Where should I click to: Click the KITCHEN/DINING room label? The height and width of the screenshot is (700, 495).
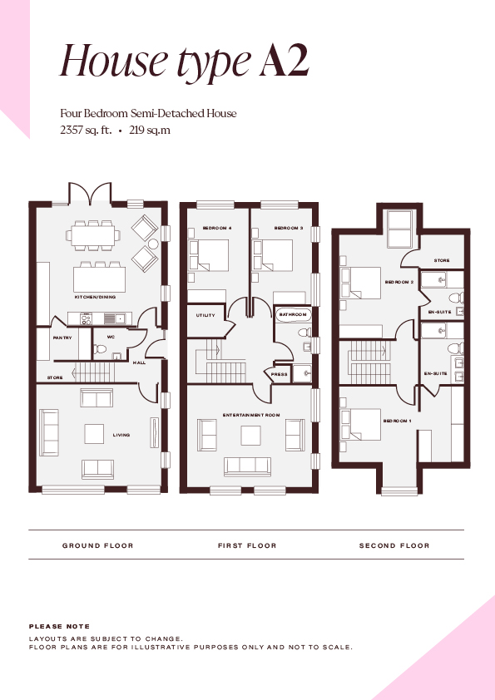coord(95,297)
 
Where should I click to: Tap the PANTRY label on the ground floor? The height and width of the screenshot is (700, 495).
coord(62,338)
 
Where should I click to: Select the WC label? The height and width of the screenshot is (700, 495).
coord(111,337)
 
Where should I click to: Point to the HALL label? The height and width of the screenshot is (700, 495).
coord(140,362)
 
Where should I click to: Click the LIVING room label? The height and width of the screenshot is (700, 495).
coord(121,435)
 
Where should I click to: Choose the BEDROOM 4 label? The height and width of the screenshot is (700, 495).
coord(217,228)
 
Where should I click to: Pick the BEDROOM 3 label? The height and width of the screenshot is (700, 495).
coord(289,228)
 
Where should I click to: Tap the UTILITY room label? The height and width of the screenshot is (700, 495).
coord(205,315)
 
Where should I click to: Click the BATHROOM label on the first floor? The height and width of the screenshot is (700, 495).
coord(293,314)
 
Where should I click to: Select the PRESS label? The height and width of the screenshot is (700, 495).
coord(280,374)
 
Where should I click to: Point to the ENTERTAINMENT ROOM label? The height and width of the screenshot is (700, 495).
coord(251,415)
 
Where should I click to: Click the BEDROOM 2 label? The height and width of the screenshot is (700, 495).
coord(399,282)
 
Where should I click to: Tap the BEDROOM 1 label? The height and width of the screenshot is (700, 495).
coord(397,421)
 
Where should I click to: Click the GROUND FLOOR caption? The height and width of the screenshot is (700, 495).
coord(98,545)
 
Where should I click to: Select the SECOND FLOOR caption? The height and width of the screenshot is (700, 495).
coord(394,545)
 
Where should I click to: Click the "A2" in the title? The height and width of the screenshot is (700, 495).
coord(285,60)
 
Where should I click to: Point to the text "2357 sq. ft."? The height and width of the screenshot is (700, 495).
coord(86,131)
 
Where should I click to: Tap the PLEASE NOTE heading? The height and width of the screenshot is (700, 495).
coord(59,626)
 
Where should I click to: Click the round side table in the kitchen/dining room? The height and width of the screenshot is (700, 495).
coord(153,244)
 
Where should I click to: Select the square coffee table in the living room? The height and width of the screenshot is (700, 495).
coord(94,434)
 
